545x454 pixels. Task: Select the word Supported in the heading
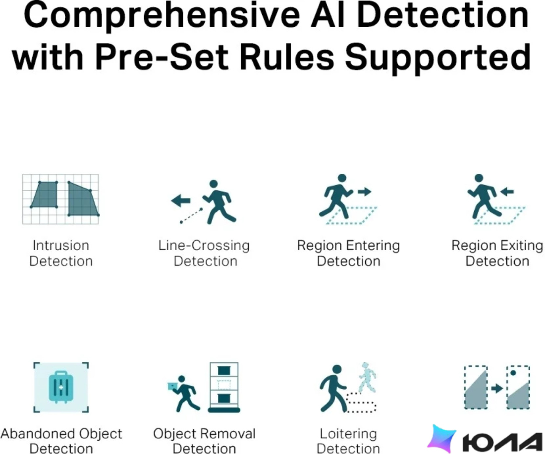(438, 59)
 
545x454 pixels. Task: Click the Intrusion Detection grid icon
(60, 199)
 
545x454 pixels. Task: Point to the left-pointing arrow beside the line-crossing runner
(181, 201)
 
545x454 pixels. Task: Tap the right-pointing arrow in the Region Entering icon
(365, 192)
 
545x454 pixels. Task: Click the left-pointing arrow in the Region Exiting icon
(507, 192)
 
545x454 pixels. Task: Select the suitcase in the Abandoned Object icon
(61, 387)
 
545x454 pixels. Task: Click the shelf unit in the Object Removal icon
(224, 387)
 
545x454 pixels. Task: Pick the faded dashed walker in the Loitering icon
(367, 377)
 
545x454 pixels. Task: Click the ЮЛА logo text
(502, 443)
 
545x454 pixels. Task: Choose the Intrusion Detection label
(61, 253)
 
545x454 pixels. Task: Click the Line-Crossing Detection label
(204, 253)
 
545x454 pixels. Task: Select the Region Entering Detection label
(349, 253)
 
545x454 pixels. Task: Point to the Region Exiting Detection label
(497, 253)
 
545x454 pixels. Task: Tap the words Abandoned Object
(61, 434)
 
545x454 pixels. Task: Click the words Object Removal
(204, 434)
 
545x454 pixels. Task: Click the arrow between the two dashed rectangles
(497, 388)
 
